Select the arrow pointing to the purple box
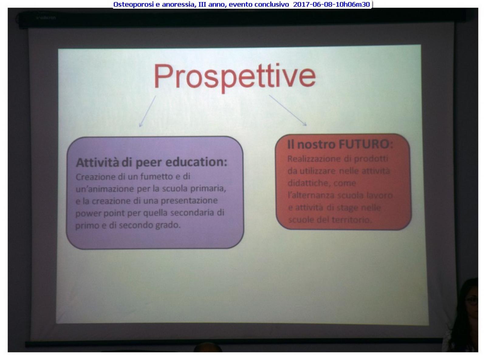[x=147, y=111]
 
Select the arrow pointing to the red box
[x=288, y=110]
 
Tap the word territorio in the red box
[x=352, y=220]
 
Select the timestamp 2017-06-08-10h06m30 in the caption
[x=331, y=4]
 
